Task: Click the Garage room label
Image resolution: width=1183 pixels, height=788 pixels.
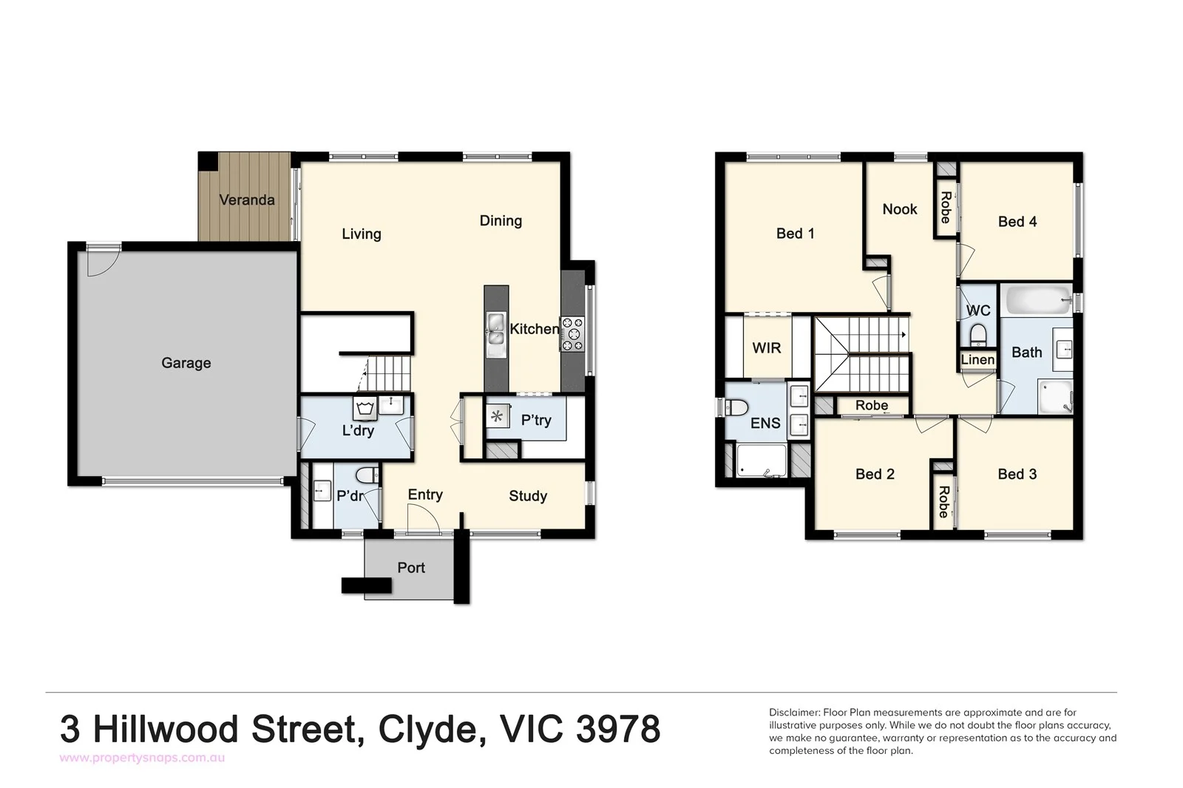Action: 186,363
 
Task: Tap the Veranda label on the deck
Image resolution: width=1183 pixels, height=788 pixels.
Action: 247,200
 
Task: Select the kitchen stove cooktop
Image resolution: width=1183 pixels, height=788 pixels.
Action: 572,333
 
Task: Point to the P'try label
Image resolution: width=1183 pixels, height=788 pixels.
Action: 536,420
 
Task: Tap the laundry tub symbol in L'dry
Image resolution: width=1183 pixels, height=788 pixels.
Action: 365,408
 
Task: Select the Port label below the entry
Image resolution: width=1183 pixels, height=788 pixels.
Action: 411,568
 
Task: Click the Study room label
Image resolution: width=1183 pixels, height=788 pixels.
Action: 528,496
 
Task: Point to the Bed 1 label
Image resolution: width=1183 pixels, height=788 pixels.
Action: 795,234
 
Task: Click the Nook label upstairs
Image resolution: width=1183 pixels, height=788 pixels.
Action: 899,209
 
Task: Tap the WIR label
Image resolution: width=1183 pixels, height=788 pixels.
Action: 766,347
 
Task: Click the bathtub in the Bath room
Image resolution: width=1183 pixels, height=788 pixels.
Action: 1034,300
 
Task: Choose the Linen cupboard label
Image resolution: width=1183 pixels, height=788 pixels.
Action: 977,360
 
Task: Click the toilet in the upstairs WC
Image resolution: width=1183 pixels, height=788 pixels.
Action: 978,334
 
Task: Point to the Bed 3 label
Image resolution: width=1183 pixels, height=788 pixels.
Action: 1017,475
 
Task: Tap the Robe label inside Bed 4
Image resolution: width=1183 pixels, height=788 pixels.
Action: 945,208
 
